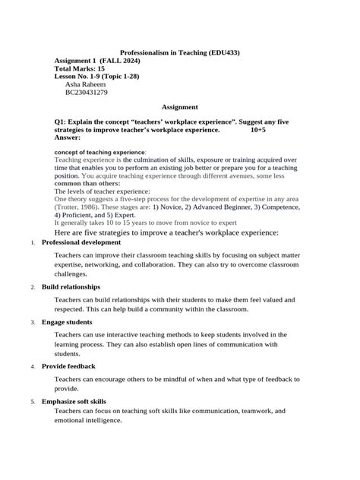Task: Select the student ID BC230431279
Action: click(x=87, y=93)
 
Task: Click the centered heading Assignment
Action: click(x=180, y=107)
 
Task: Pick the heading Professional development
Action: click(x=87, y=242)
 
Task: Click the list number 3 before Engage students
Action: click(x=33, y=323)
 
